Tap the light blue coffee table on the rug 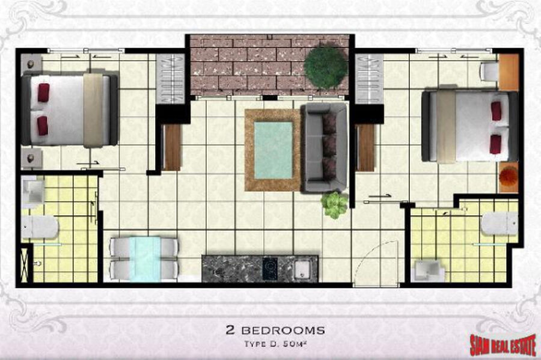pyautogui.click(x=274, y=150)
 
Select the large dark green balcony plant pyautogui.click(x=325, y=67)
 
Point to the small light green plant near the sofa pyautogui.click(x=334, y=205)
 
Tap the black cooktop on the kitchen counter pyautogui.click(x=270, y=268)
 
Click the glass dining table pyautogui.click(x=145, y=258)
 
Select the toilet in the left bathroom pyautogui.click(x=39, y=227)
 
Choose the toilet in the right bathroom pyautogui.click(x=500, y=224)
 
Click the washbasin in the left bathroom pyautogui.click(x=34, y=192)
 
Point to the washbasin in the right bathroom pyautogui.click(x=429, y=270)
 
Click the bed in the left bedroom pyautogui.click(x=70, y=110)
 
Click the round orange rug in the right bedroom pyautogui.click(x=509, y=176)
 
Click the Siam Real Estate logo pyautogui.click(x=503, y=344)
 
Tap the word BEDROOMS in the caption pyautogui.click(x=283, y=331)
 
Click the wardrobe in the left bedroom pyautogui.click(x=170, y=79)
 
